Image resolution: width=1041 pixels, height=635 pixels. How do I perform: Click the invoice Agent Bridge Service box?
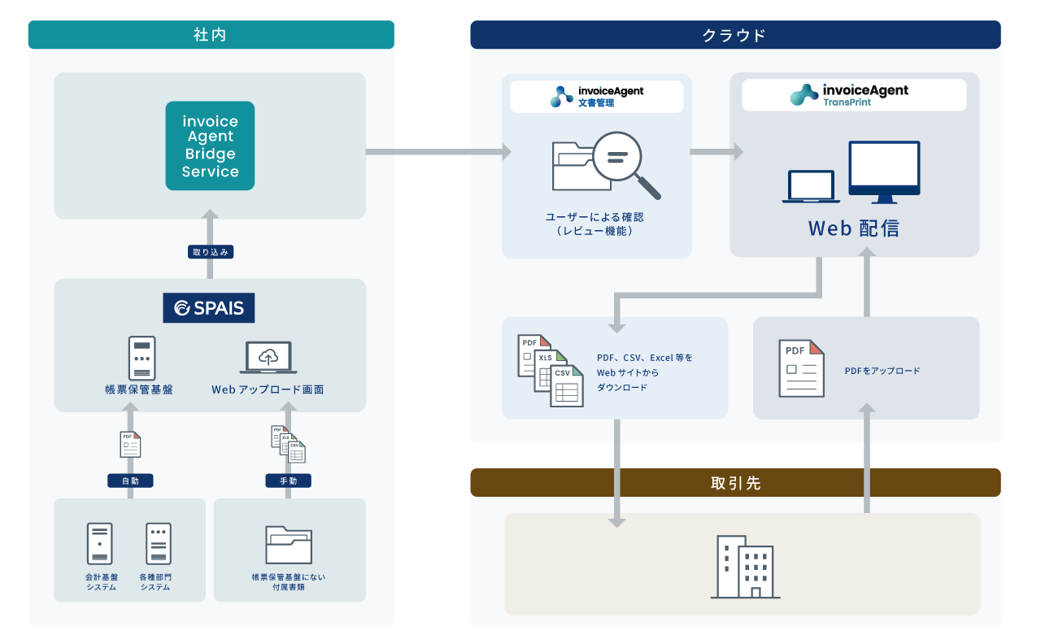pos(210,146)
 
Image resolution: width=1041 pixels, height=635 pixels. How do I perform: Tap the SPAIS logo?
pos(209,308)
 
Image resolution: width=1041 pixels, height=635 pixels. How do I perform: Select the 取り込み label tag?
pos(211,252)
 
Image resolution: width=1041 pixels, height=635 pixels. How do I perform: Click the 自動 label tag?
pos(130,481)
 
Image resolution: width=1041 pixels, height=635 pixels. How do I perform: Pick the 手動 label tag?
pos(288,481)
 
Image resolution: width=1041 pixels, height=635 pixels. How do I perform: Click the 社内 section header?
pos(211,35)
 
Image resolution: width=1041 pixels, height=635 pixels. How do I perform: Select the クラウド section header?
pos(735,35)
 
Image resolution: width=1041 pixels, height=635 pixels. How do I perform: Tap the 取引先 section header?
pos(735,483)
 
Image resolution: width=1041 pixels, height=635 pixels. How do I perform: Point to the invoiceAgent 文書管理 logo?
pos(597,96)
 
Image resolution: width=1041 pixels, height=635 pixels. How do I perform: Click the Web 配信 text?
pos(854,228)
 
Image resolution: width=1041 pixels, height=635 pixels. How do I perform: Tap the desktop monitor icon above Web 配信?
pos(884,172)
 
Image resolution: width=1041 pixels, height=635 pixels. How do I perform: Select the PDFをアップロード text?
pos(882,371)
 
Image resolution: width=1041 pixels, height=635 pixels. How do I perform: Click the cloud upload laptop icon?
pos(268,359)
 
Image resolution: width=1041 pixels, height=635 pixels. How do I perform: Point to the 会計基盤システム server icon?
pos(100,544)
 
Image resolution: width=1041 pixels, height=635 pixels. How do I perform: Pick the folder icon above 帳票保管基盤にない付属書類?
pos(289,545)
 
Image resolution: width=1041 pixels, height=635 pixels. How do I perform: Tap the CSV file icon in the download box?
pos(567,386)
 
